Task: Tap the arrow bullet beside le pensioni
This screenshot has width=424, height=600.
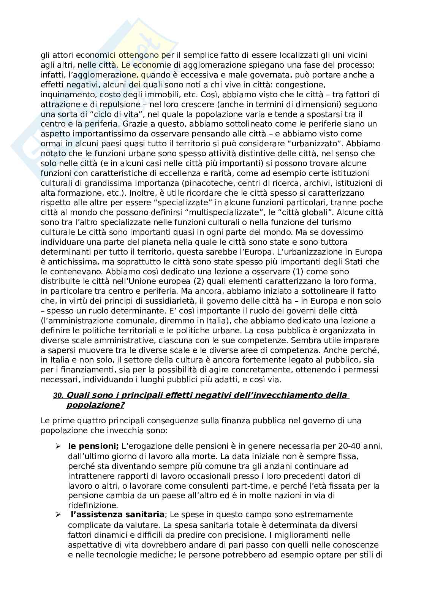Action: click(x=58, y=446)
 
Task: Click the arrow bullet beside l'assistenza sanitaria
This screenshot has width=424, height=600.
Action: click(x=58, y=515)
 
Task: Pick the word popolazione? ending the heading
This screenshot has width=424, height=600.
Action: click(x=95, y=405)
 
